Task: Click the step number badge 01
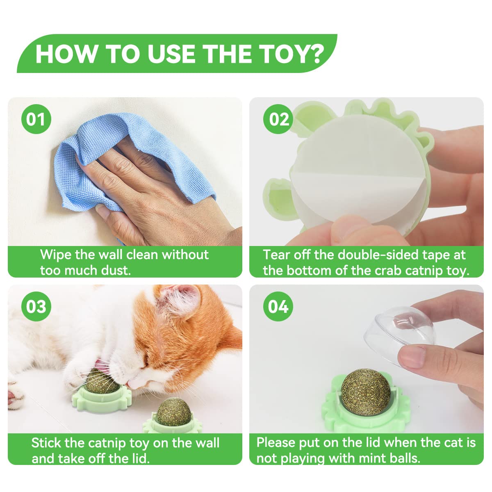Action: coord(36,119)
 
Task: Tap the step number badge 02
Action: coord(279,119)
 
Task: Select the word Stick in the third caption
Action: coord(46,443)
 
